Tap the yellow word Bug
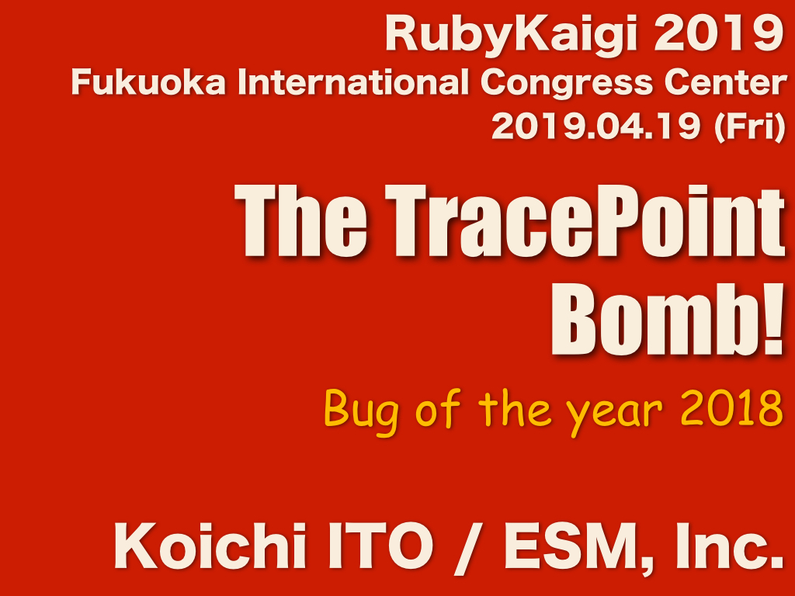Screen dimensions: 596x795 click(x=361, y=411)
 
